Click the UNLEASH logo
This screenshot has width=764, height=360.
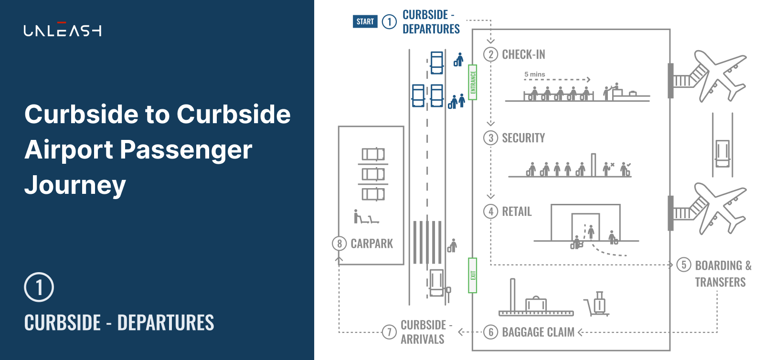62,30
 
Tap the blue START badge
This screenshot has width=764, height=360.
365,21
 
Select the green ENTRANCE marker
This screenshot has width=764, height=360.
473,82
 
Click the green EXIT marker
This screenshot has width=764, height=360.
473,275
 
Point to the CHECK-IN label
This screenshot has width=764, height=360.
523,54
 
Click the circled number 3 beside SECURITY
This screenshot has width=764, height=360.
490,138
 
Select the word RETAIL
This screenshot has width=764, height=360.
517,212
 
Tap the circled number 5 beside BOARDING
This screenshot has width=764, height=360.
684,265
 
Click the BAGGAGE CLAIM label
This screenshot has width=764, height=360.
538,332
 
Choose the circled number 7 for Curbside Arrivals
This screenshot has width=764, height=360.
389,332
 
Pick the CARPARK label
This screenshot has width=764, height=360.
371,244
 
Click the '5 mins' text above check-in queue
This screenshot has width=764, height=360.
534,74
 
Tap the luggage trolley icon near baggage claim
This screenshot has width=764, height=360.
597,304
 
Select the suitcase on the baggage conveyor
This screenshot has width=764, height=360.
536,304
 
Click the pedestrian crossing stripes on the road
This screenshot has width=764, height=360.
427,242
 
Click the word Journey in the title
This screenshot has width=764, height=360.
75,185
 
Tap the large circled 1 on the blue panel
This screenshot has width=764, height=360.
39,287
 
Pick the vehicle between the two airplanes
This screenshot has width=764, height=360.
722,153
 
